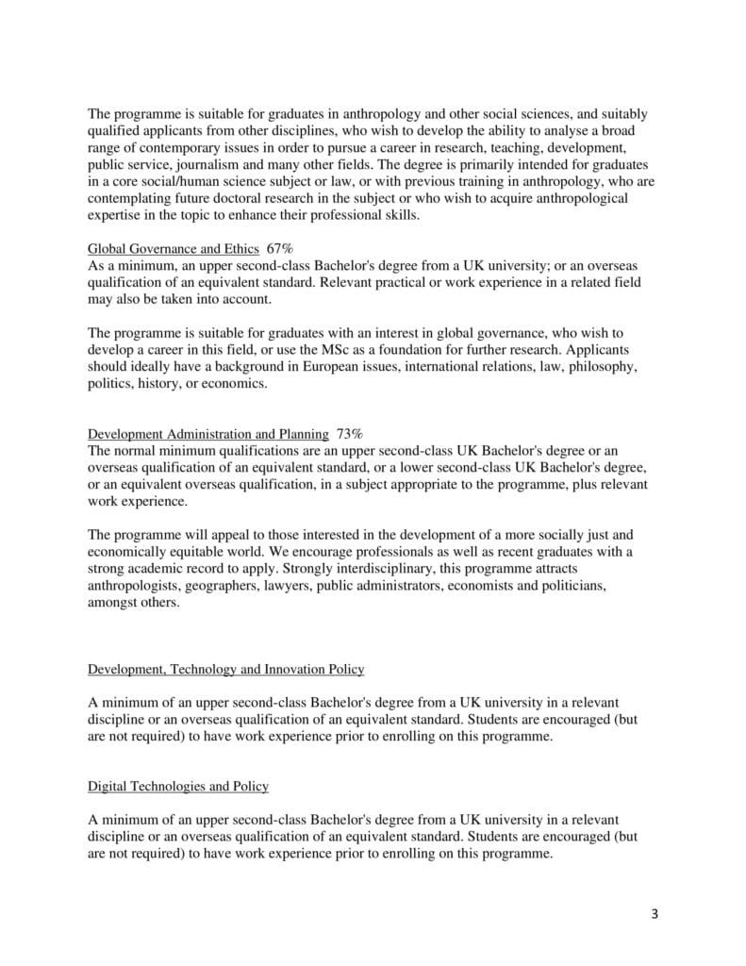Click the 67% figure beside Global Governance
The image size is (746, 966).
280,249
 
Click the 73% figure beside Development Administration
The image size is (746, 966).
349,434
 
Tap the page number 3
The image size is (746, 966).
653,915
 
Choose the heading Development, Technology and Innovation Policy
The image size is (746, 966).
225,669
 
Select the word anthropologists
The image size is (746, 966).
131,586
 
